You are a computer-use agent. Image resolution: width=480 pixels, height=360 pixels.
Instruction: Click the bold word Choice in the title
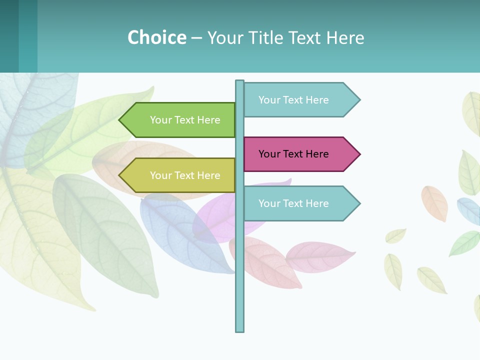point(156,37)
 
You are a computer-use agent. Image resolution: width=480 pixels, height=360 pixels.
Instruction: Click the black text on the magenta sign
point(293,154)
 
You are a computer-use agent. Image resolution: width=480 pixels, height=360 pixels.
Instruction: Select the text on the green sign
point(185,120)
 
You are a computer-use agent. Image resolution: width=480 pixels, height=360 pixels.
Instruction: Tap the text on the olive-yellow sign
point(185,175)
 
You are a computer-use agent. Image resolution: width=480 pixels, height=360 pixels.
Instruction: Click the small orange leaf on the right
point(434,203)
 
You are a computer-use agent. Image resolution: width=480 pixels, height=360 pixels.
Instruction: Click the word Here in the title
point(345,38)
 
